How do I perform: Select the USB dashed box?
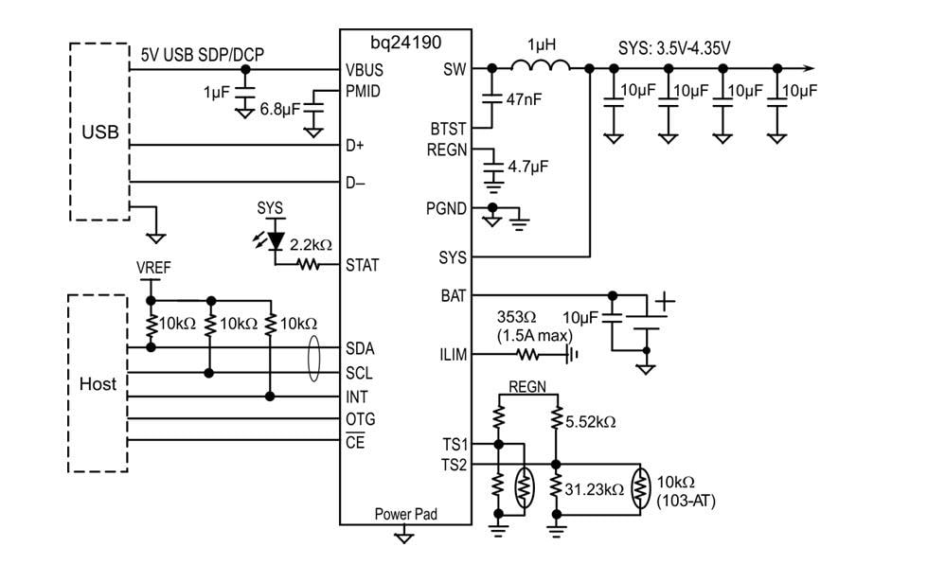pos(99,131)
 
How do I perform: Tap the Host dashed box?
pos(98,383)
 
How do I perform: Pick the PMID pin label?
pos(364,91)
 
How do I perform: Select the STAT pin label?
pos(363,265)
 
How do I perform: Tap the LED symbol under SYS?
pos(276,239)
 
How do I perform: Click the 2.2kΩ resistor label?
pos(310,244)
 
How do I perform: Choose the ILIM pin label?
pos(454,355)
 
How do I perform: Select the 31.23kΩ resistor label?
pos(595,489)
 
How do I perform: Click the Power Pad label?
pos(404,515)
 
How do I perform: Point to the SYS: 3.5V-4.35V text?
pos(669,44)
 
